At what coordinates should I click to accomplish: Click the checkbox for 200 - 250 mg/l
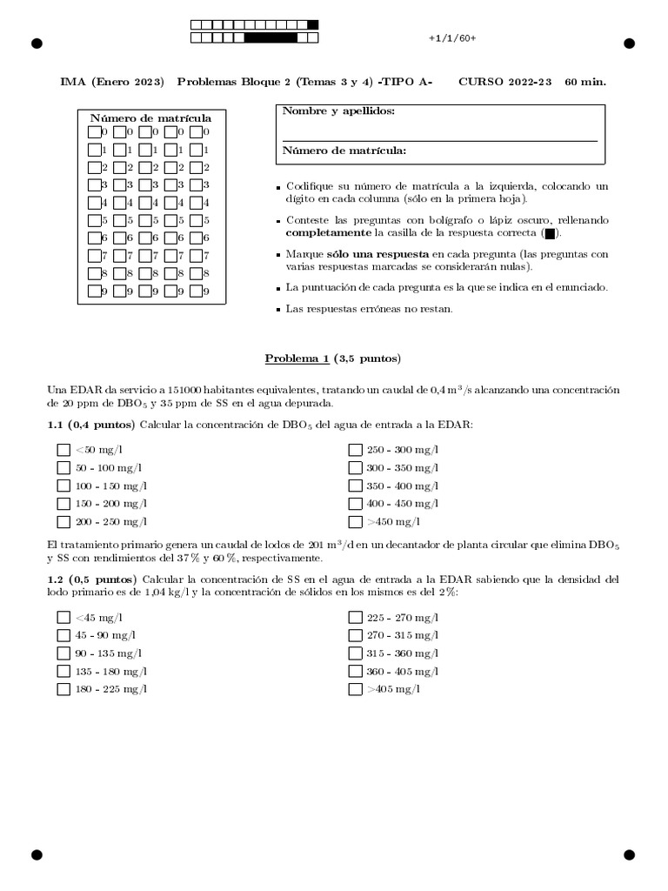pyautogui.click(x=63, y=522)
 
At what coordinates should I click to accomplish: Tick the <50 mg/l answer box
pyautogui.click(x=63, y=450)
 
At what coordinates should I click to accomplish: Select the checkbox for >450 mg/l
pyautogui.click(x=355, y=522)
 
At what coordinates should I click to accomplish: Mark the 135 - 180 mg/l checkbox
pyautogui.click(x=63, y=671)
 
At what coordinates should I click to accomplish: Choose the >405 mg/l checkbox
pyautogui.click(x=355, y=689)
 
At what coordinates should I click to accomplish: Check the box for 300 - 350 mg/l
pyautogui.click(x=355, y=468)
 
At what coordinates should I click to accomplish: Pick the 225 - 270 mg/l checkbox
pyautogui.click(x=355, y=617)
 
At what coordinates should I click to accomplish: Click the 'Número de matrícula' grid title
pyautogui.click(x=151, y=117)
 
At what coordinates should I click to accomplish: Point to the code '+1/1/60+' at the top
pyautogui.click(x=452, y=39)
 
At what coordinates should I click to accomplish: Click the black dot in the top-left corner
pyautogui.click(x=37, y=44)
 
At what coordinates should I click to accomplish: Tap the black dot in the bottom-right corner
pyautogui.click(x=630, y=855)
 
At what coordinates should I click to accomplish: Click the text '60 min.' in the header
pyautogui.click(x=585, y=82)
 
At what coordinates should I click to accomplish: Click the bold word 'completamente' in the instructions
pyautogui.click(x=328, y=234)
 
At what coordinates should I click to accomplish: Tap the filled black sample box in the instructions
pyautogui.click(x=549, y=234)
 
